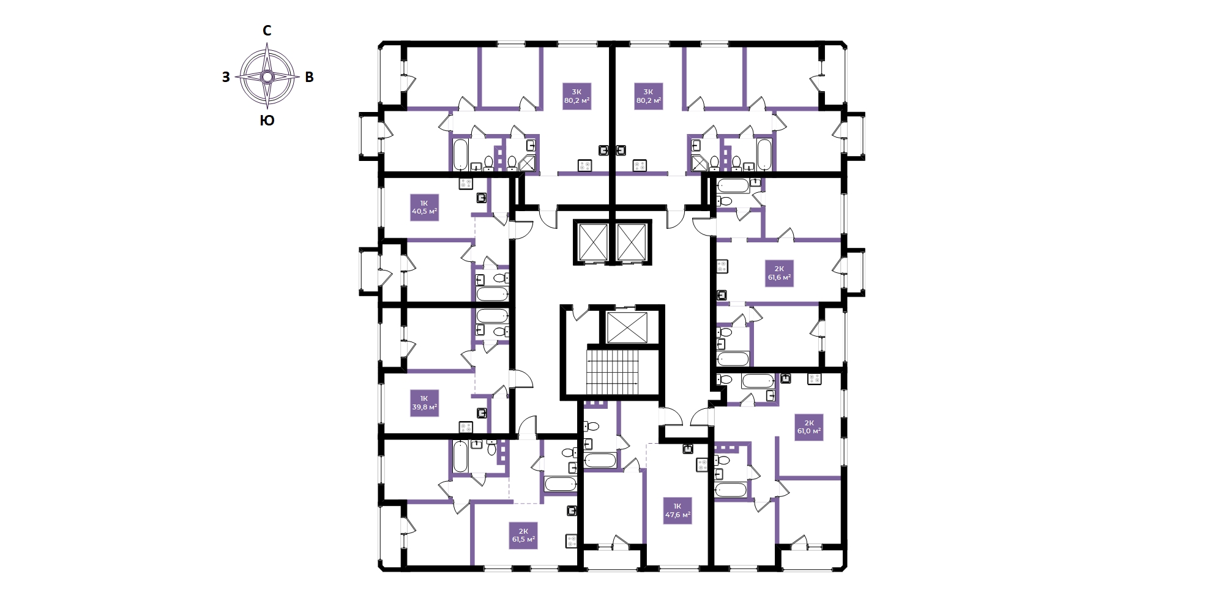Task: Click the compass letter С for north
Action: coord(267,31)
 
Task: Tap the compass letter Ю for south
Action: coord(267,121)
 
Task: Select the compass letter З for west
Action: coord(226,77)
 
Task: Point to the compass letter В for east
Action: coord(309,77)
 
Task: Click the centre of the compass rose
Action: coord(267,76)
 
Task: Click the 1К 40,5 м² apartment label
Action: coord(424,207)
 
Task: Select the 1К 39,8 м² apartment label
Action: coord(424,403)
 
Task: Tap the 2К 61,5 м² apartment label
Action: coord(523,535)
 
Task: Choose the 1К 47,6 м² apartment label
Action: coord(677,510)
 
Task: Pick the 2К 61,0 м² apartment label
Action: coord(809,427)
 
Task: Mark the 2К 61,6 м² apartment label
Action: coord(780,273)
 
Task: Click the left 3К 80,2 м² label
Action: coord(577,96)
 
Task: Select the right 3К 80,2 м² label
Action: coord(649,96)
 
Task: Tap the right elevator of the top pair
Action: coord(632,242)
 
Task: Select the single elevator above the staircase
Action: coord(627,327)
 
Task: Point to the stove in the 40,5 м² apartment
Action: coord(466,184)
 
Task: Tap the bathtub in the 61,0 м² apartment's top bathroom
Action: coord(758,381)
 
